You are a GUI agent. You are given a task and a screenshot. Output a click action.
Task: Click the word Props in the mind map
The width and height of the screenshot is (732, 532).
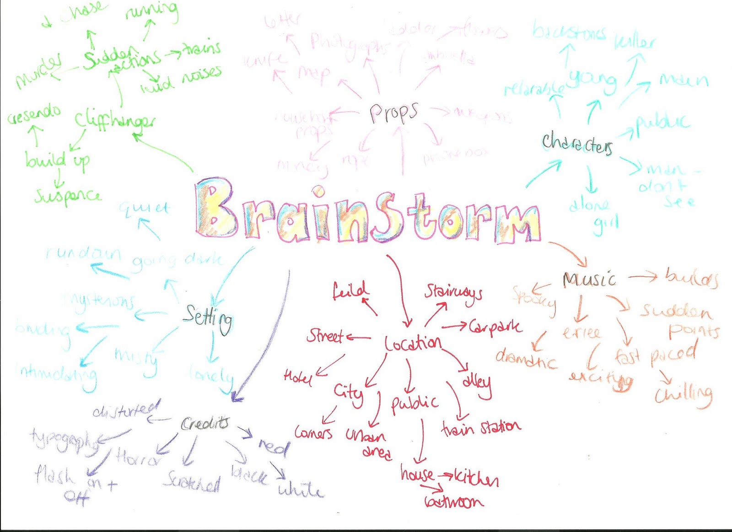point(393,113)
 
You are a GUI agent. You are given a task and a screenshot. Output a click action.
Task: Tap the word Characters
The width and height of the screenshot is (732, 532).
point(577,143)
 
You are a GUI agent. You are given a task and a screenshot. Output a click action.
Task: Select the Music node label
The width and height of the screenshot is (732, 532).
point(589,279)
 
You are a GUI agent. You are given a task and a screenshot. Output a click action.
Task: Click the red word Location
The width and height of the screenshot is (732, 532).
point(413,344)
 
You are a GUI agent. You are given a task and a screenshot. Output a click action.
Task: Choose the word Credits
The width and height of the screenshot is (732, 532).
point(205,424)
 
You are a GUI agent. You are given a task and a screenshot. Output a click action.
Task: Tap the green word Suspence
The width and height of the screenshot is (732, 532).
point(68,196)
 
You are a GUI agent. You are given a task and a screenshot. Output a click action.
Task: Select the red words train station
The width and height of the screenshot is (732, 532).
point(481,428)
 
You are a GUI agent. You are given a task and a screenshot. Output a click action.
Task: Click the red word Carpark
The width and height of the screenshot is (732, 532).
point(495,327)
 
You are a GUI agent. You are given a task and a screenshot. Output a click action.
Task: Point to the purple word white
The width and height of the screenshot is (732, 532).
point(301,490)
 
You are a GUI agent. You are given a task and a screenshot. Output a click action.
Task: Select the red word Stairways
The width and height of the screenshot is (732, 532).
point(453,292)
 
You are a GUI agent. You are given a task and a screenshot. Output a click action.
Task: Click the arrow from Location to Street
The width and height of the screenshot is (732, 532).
point(359,338)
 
